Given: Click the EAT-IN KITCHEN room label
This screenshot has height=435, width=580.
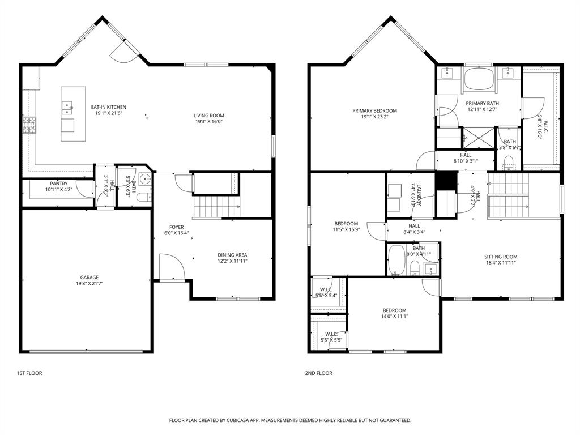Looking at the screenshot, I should tap(109, 107).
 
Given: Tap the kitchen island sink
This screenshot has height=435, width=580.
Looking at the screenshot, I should tap(68, 105).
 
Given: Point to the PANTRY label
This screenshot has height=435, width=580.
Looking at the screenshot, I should tap(58, 184).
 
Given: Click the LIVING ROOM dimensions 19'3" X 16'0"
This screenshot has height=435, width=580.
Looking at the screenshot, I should tap(208, 121).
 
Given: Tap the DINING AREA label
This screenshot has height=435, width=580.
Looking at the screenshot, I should tap(232, 255).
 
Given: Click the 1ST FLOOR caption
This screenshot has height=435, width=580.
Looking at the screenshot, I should tap(29, 373).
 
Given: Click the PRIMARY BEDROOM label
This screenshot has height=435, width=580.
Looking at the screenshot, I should tap(374, 111).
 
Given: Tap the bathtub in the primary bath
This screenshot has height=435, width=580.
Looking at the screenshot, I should tap(478, 79).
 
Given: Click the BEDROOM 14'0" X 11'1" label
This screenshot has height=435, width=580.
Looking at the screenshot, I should tap(394, 310).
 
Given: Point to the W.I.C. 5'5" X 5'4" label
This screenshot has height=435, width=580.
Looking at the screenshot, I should tap(329, 289).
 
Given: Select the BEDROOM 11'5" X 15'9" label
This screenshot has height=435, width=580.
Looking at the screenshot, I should tap(346, 224).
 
